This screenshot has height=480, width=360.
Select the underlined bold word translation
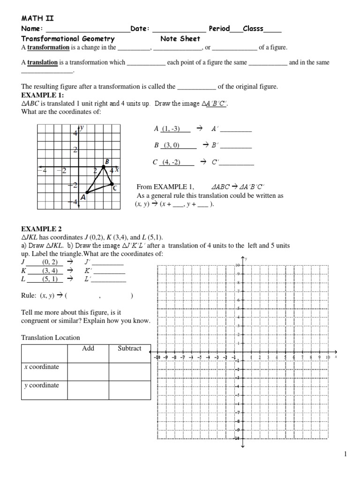coord(42,62)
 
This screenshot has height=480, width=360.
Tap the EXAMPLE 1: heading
coord(39,94)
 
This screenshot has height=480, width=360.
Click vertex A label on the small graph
coord(82,198)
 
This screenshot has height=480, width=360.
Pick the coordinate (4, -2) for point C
coord(171,163)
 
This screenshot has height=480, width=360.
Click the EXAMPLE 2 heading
coord(41,229)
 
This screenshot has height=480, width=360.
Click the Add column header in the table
coord(88,348)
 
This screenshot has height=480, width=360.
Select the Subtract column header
coord(129,348)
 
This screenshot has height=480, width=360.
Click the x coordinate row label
coord(41,367)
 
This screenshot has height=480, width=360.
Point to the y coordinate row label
coord(41,385)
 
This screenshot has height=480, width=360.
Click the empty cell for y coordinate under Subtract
coord(129,390)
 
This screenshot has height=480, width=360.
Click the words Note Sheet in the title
coord(180,39)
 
